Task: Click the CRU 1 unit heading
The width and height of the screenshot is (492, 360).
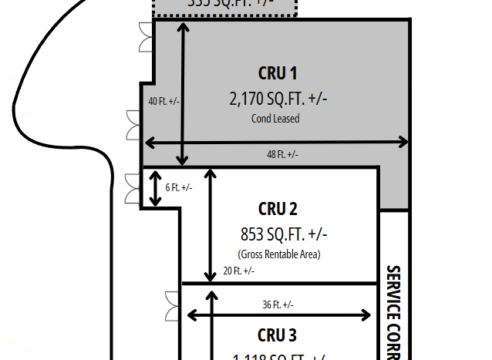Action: (278, 74)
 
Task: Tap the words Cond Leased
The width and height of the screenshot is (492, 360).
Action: (275, 119)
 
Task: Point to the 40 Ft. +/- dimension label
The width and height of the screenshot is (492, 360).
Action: (164, 101)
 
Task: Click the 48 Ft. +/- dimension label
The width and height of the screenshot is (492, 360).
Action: (282, 155)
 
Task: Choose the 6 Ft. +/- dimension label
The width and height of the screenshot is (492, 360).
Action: (179, 187)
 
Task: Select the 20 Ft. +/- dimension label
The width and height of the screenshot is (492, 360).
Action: (238, 271)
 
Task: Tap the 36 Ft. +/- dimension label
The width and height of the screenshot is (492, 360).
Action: (278, 304)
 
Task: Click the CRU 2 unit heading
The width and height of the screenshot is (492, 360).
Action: (278, 209)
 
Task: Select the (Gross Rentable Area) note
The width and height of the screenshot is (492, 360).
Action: (278, 254)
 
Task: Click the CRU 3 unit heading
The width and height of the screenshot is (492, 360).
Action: (277, 335)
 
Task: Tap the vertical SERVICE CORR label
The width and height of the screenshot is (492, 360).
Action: (393, 312)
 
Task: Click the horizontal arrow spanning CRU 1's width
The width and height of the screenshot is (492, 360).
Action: (277, 142)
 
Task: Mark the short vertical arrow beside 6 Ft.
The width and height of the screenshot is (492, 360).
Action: (155, 189)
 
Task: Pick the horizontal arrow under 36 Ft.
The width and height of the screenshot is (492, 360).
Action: (280, 315)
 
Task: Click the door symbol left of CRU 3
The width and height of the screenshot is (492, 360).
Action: (170, 307)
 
